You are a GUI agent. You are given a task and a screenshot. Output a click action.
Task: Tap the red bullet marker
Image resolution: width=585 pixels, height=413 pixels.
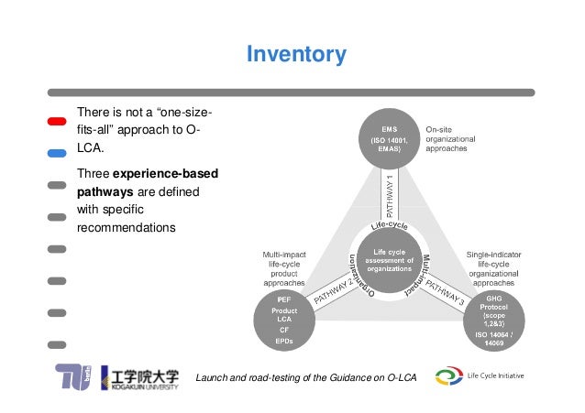[x=57, y=121]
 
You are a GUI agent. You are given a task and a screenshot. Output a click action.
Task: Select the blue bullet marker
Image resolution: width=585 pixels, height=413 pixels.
[x=57, y=152]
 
